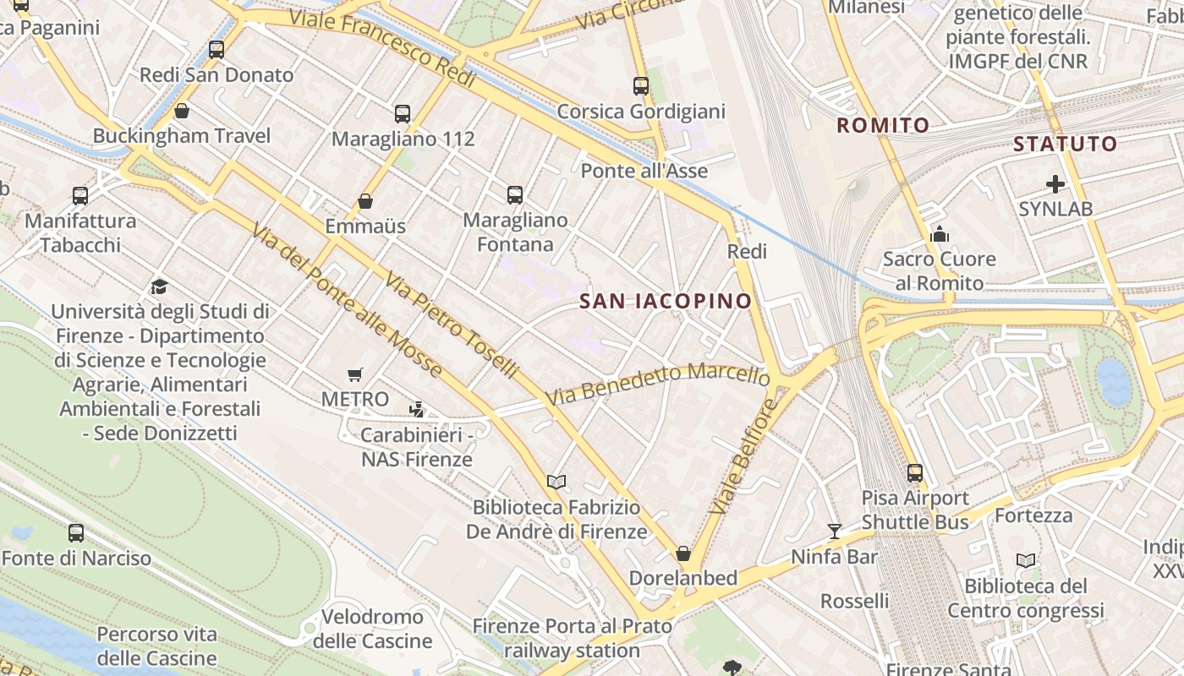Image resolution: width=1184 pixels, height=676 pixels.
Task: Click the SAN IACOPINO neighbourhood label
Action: (666, 301)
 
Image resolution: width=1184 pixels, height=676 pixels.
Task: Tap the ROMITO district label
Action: (883, 126)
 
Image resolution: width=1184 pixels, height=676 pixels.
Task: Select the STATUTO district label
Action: (1065, 144)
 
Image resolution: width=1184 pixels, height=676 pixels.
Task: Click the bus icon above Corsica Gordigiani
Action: (641, 85)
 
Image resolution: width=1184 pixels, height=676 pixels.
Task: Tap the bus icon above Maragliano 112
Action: (403, 113)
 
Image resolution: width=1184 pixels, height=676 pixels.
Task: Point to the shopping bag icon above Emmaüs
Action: (365, 201)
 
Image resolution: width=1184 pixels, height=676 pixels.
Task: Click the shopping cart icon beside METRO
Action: (355, 374)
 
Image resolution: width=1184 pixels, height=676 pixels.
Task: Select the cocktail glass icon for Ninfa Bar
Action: (835, 531)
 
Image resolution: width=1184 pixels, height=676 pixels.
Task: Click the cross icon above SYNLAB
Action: (1055, 183)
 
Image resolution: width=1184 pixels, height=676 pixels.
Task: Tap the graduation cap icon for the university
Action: (159, 286)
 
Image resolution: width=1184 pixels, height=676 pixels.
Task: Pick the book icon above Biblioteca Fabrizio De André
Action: (556, 482)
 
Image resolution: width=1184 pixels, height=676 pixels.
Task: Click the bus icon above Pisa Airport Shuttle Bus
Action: (915, 473)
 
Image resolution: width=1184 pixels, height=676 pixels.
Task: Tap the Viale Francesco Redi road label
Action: (382, 48)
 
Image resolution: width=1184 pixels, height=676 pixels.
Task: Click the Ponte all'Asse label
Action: (644, 171)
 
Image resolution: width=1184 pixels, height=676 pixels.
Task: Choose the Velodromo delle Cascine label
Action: (372, 629)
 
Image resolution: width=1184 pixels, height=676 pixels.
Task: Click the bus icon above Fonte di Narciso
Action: (76, 533)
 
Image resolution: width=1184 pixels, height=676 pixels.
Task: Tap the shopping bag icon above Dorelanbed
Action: (683, 553)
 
